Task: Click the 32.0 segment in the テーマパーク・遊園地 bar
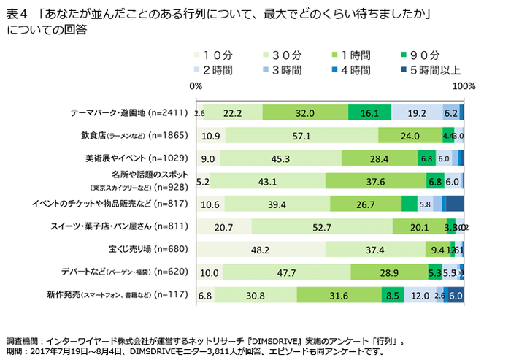[305, 113]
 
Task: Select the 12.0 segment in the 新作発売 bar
[420, 296]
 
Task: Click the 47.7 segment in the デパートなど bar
[287, 272]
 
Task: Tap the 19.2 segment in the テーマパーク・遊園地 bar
[417, 113]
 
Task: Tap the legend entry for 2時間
[217, 70]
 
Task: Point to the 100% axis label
[464, 86]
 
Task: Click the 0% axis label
[196, 86]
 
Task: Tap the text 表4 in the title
[15, 15]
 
